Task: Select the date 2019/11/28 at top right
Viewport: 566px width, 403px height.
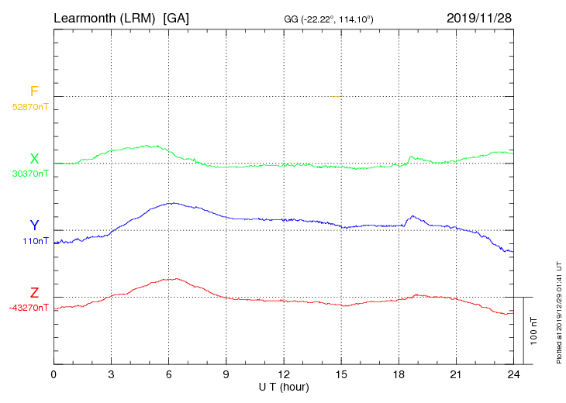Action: (479, 18)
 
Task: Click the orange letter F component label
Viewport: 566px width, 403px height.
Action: (34, 91)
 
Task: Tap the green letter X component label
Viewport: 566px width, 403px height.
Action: (34, 159)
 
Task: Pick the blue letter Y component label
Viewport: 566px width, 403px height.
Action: (34, 226)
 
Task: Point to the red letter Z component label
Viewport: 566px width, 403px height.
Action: (34, 293)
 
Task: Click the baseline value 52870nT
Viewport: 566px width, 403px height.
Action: (29, 106)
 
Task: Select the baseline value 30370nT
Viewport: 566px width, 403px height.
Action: (29, 174)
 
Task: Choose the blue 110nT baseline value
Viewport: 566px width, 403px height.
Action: (36, 241)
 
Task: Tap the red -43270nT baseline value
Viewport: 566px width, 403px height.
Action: (29, 308)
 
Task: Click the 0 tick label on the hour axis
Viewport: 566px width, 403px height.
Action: (53, 374)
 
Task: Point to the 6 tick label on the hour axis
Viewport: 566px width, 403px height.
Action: (168, 374)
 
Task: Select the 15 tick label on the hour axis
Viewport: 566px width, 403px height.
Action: (341, 374)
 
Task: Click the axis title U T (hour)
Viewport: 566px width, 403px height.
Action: (284, 386)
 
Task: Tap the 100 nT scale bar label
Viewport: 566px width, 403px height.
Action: (534, 330)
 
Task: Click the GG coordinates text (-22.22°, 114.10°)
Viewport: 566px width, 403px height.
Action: (330, 19)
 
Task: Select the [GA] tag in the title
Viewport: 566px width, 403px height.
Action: (176, 18)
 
